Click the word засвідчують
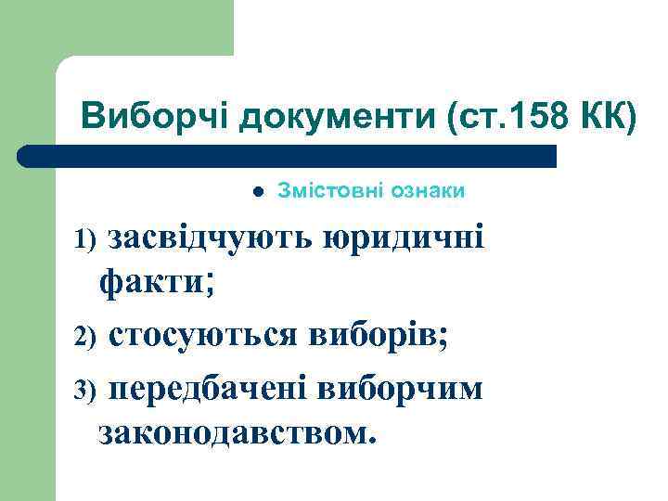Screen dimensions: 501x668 point(212,238)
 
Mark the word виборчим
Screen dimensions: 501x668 point(400,388)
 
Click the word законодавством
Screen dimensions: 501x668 point(234,432)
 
